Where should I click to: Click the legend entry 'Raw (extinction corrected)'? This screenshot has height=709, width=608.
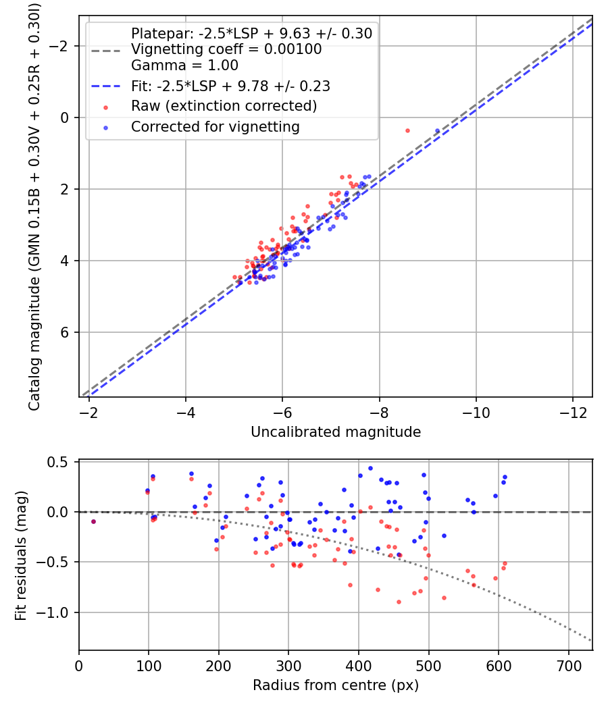tap(224, 106)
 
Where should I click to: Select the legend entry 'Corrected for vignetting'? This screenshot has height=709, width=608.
tap(215, 126)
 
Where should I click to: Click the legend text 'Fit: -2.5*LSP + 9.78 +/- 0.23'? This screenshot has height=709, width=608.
tap(230, 86)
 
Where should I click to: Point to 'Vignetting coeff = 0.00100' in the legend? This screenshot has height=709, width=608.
tap(226, 49)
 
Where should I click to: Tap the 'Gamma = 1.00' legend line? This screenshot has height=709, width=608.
tap(184, 65)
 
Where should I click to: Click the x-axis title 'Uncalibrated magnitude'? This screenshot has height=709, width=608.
tap(336, 432)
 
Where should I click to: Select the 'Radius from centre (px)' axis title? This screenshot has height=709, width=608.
tap(336, 685)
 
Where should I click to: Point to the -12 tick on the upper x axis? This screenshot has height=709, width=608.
tap(573, 412)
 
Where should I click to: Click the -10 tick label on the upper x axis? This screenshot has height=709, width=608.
tap(476, 412)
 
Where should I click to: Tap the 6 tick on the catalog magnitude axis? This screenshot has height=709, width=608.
tap(66, 332)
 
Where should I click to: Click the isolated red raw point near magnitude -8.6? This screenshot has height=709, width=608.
tap(407, 130)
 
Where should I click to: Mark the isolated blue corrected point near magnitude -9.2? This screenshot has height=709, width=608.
tap(437, 131)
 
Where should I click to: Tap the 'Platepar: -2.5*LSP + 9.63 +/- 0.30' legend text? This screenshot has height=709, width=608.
tap(251, 33)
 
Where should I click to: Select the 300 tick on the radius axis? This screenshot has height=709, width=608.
tap(288, 665)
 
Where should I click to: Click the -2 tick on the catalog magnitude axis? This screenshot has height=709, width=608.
tap(62, 46)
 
